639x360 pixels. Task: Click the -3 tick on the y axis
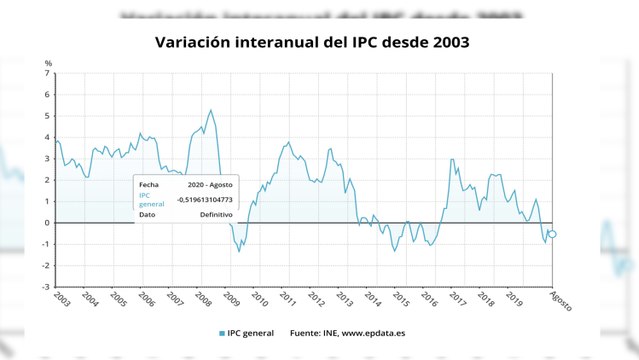tap(46, 287)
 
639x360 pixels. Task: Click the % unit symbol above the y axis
tap(47, 64)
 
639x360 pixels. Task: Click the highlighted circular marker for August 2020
tap(552, 234)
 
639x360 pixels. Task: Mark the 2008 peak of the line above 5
tap(210, 110)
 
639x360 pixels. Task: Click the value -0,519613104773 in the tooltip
tap(205, 199)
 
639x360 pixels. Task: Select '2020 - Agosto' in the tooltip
tap(209, 184)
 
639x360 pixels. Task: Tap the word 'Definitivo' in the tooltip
tap(215, 214)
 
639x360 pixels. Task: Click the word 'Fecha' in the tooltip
tap(148, 184)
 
